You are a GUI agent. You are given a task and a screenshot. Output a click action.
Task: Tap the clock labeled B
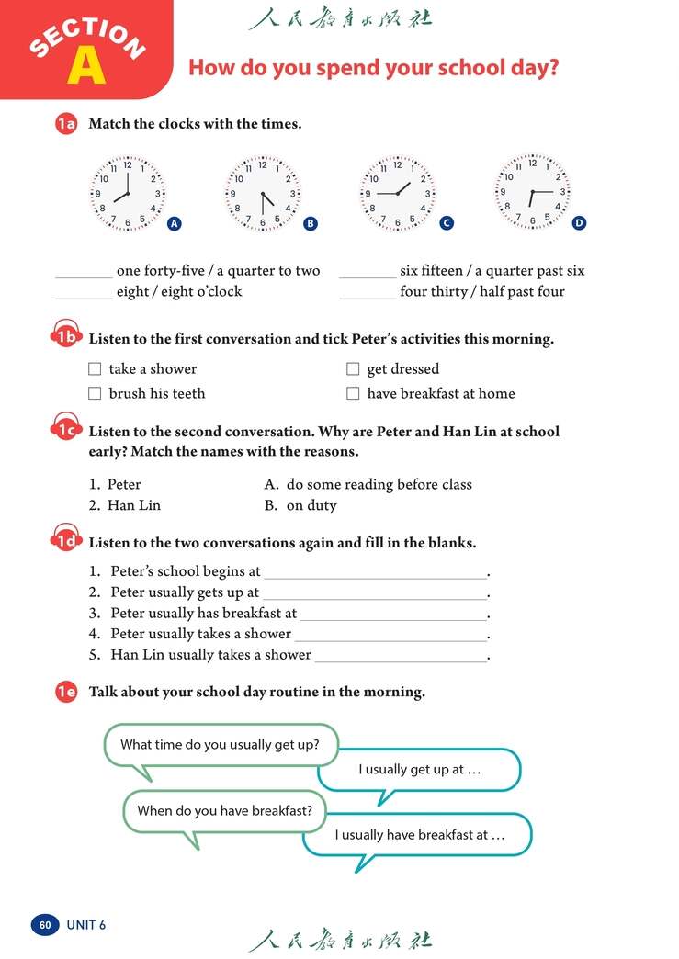tap(263, 194)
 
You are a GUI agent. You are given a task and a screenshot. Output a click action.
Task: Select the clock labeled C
tap(398, 194)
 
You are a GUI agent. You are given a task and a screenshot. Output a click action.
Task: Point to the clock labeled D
tap(533, 192)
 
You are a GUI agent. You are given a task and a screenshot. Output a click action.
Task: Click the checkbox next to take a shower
tap(94, 369)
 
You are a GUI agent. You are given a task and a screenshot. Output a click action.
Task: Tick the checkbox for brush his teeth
tap(94, 393)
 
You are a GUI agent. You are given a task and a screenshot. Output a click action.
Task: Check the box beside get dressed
tap(352, 369)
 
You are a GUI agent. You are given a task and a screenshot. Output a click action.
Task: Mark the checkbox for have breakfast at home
tap(352, 393)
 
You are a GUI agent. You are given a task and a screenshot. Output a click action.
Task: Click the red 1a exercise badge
tap(66, 124)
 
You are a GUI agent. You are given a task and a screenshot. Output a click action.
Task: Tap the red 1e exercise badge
tap(66, 693)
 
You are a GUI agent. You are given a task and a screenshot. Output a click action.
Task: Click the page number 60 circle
tap(44, 924)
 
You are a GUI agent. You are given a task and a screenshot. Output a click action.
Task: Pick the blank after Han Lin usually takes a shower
tap(401, 657)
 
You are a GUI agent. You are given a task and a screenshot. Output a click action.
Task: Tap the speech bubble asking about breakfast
tap(224, 811)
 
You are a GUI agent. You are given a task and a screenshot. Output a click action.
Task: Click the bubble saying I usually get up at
tap(420, 770)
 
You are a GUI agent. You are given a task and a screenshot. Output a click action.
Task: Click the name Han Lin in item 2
tap(133, 505)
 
